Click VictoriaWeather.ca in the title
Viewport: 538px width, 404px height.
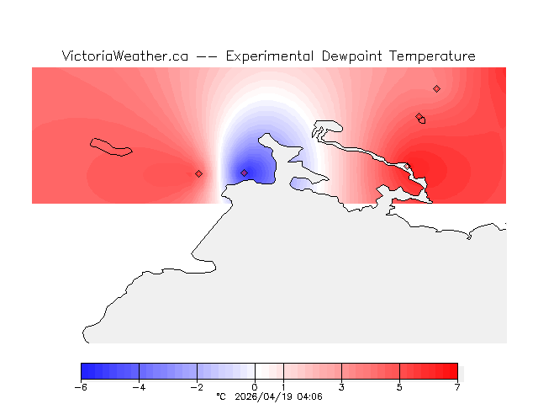click(x=124, y=56)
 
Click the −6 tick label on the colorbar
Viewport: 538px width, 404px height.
click(x=81, y=387)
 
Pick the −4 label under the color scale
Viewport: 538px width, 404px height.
click(x=139, y=387)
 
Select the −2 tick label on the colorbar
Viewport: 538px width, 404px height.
click(x=197, y=387)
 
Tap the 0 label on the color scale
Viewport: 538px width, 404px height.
click(x=255, y=387)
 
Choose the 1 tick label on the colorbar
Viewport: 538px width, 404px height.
click(x=283, y=387)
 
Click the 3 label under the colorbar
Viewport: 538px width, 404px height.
click(x=341, y=387)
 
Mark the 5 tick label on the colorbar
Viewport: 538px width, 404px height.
click(x=399, y=387)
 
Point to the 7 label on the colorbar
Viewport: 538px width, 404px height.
click(x=457, y=387)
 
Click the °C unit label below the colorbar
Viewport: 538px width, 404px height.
click(x=221, y=396)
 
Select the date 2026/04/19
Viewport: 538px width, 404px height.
click(x=267, y=396)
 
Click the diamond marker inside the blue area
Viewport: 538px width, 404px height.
click(x=245, y=173)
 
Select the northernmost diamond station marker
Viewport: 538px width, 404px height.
click(x=436, y=88)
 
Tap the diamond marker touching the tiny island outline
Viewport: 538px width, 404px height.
click(x=419, y=117)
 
